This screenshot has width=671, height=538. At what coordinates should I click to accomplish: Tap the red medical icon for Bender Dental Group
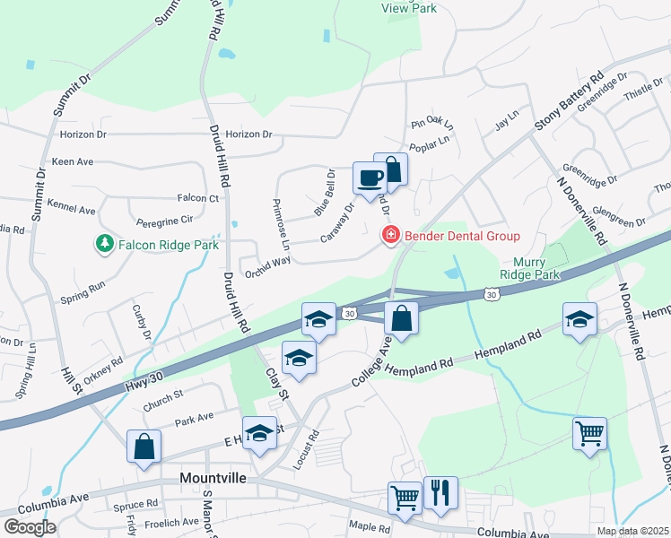coord(390,236)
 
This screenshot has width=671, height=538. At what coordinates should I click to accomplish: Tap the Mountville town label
coord(213,478)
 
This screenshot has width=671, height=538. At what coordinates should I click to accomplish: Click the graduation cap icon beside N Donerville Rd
coord(579,318)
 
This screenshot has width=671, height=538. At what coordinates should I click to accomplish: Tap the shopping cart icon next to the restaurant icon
coord(405,498)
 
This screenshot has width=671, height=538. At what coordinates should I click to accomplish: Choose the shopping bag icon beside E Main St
coord(144,447)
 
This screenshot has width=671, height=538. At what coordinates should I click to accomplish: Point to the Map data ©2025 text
coord(632,531)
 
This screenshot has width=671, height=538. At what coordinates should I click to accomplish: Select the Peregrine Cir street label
coord(164,219)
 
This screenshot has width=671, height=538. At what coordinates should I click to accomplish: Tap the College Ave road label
coord(373,362)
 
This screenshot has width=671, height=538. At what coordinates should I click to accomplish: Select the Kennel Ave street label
coord(74,210)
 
